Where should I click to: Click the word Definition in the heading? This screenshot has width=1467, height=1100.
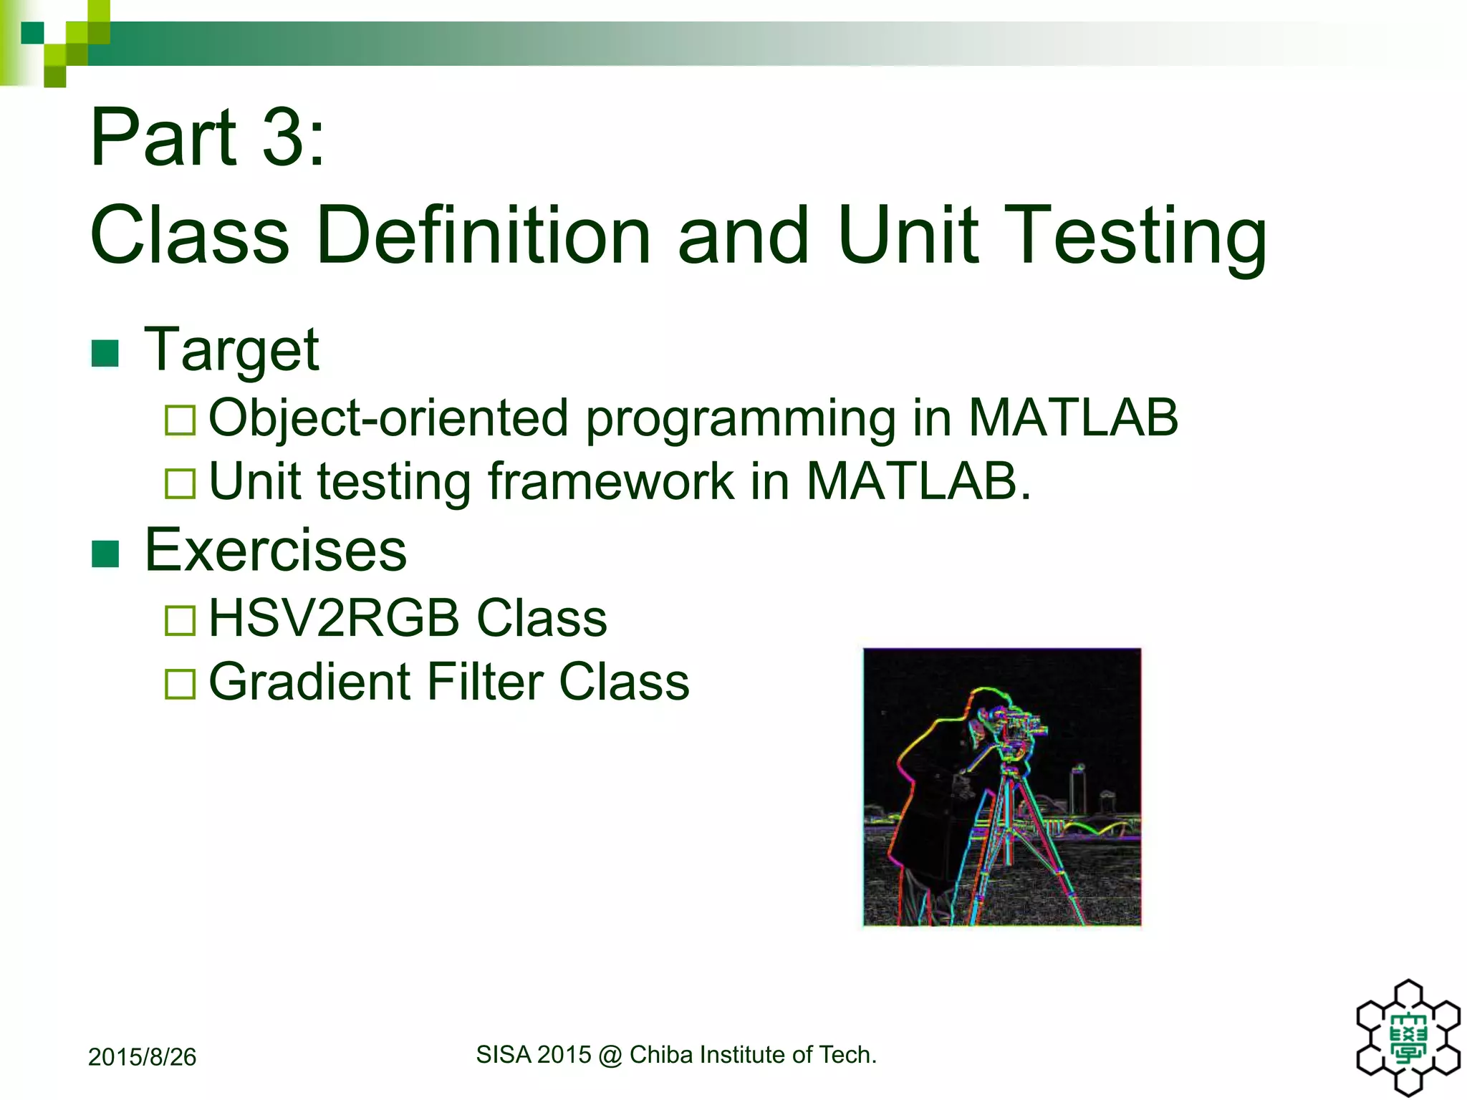click(x=483, y=235)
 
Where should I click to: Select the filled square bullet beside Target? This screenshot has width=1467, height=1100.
click(x=105, y=352)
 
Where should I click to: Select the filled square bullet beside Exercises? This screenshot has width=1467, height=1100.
click(x=105, y=553)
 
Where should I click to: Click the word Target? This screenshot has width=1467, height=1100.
click(x=231, y=349)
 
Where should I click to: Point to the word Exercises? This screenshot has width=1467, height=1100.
click(x=275, y=550)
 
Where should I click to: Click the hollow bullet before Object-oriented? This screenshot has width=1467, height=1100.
click(x=180, y=420)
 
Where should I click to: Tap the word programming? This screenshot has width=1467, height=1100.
click(x=739, y=419)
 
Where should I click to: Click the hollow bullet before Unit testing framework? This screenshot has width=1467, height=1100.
click(x=180, y=483)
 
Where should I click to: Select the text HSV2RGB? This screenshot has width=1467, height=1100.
click(x=333, y=618)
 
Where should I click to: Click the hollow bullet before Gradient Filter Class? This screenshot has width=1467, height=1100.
click(x=180, y=684)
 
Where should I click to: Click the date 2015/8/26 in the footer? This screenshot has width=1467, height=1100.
click(x=142, y=1057)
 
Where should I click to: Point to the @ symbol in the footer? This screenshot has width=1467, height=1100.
click(x=610, y=1055)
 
